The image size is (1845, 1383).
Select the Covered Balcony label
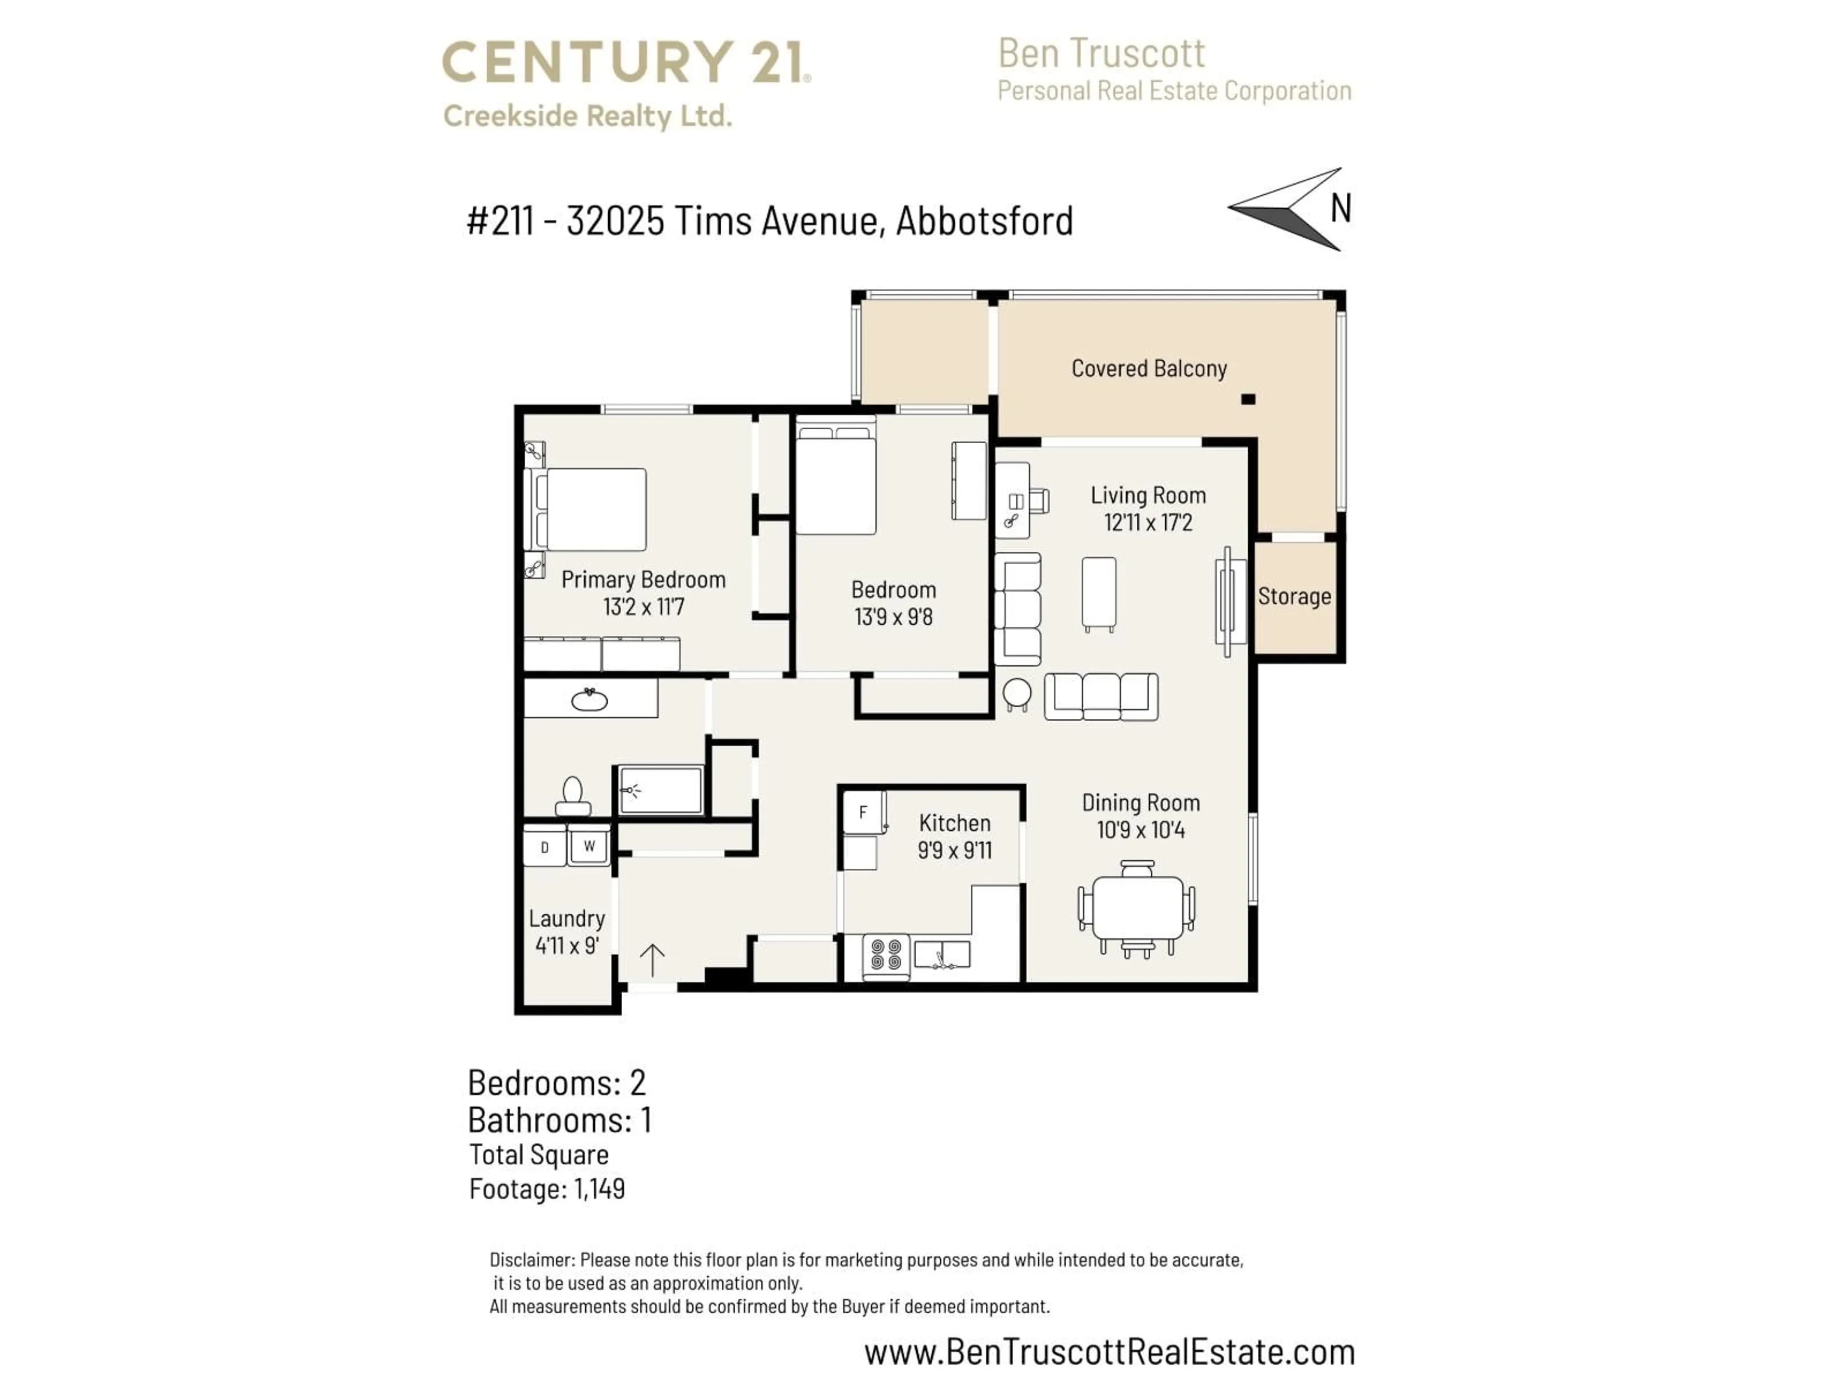[x=1148, y=368]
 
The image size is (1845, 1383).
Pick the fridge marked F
[x=863, y=812]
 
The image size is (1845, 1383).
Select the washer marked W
[x=589, y=846]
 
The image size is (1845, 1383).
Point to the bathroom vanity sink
[x=590, y=699]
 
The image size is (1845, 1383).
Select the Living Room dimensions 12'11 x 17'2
[x=1148, y=522]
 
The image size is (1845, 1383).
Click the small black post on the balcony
[x=1248, y=400]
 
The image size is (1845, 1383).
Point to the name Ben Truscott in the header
[x=1101, y=54]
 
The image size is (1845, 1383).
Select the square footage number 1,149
[x=599, y=1189]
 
